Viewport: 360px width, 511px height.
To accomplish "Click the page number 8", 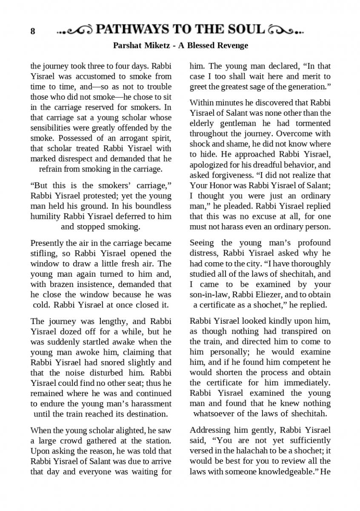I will [x=33, y=32].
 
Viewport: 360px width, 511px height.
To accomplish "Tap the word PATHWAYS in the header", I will [x=132, y=29].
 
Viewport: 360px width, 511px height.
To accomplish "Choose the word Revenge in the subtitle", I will [x=232, y=45].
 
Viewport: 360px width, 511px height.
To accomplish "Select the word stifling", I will [x=46, y=254].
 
